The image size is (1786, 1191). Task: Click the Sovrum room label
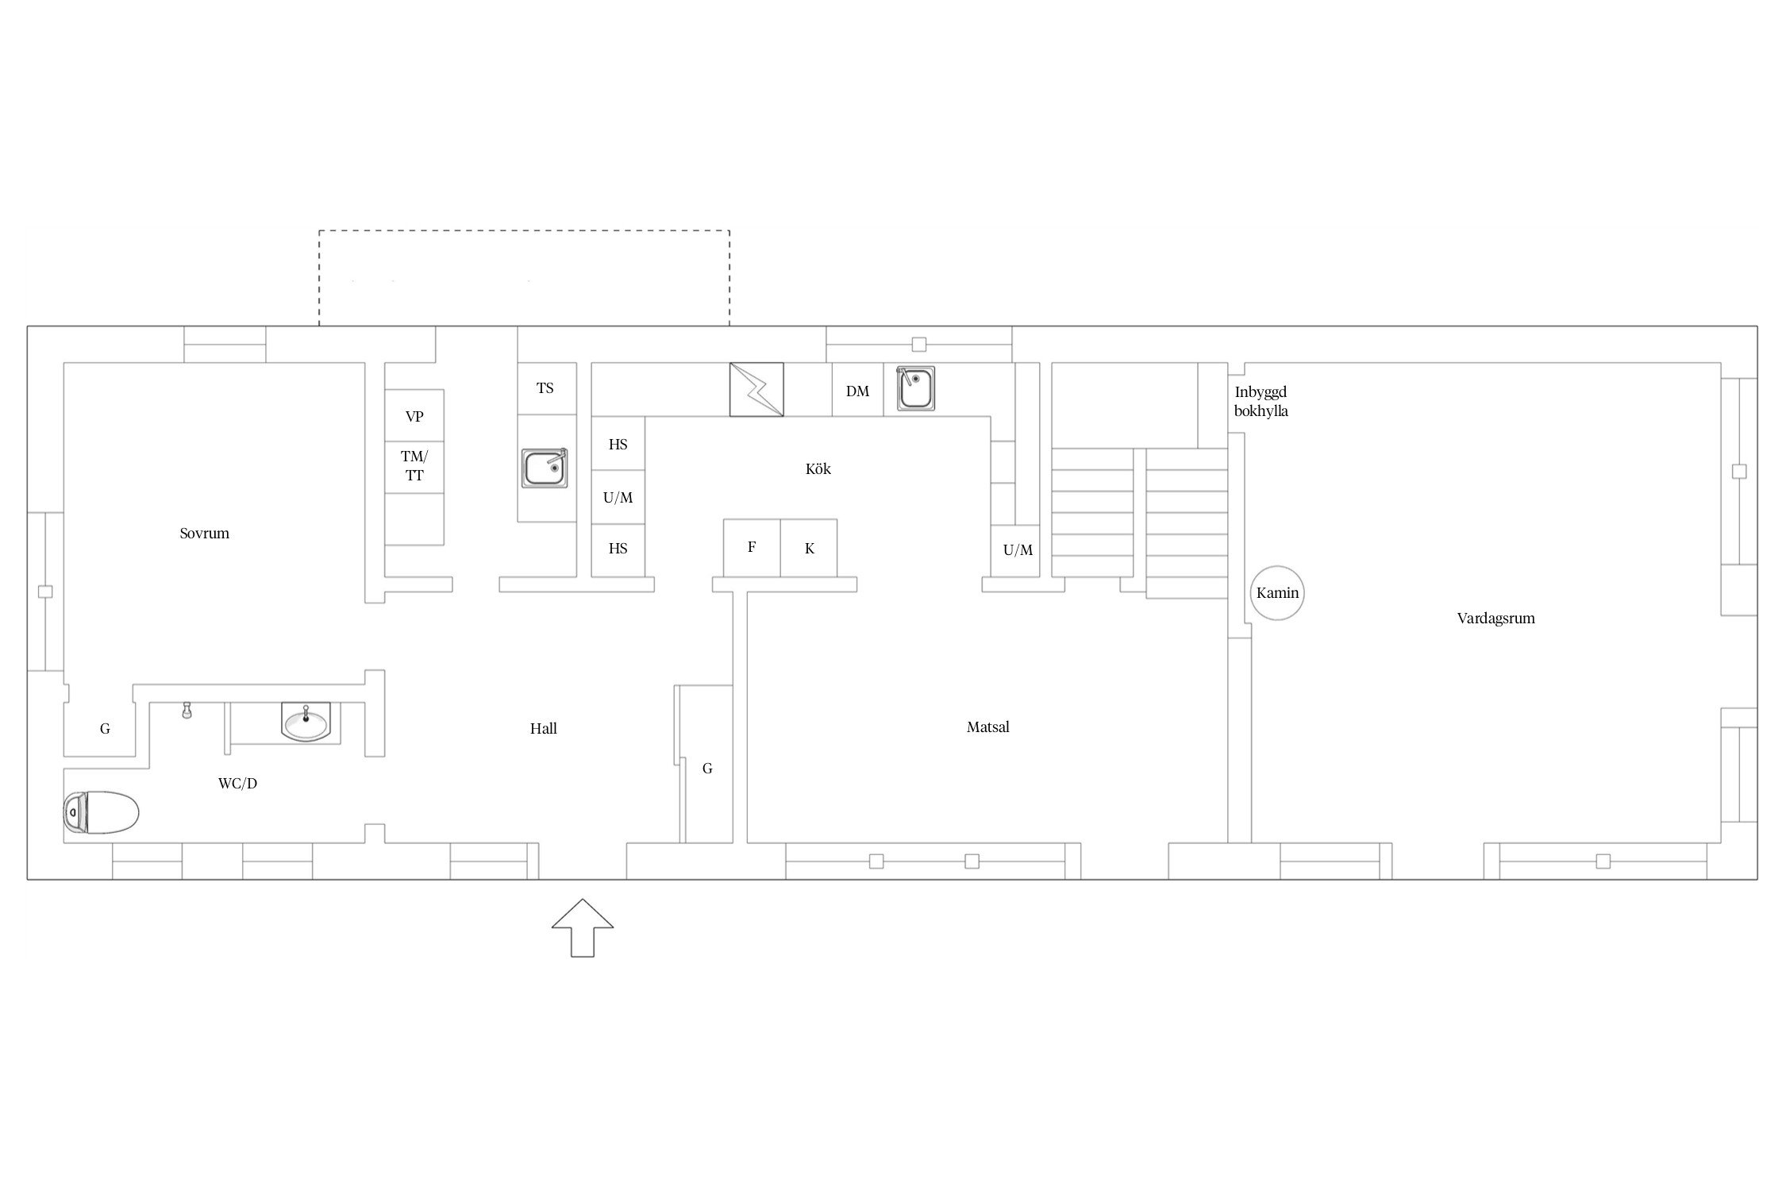pyautogui.click(x=204, y=534)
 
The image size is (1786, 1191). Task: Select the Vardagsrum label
pyautogui.click(x=1495, y=619)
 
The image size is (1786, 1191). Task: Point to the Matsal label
pyautogui.click(x=987, y=727)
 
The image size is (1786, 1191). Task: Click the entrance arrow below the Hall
pyautogui.click(x=583, y=927)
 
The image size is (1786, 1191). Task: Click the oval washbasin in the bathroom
pyautogui.click(x=306, y=722)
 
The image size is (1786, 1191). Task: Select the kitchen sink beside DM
pyautogui.click(x=915, y=388)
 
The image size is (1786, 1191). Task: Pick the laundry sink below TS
pyautogui.click(x=545, y=468)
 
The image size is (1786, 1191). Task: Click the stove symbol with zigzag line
pyautogui.click(x=756, y=389)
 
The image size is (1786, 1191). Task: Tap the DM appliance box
pyautogui.click(x=857, y=390)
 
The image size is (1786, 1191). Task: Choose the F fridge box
pyautogui.click(x=752, y=548)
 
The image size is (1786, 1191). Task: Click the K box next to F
pyautogui.click(x=809, y=548)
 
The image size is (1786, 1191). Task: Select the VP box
pyautogui.click(x=414, y=415)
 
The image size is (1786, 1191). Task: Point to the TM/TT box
pyautogui.click(x=414, y=467)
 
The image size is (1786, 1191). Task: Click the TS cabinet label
pyautogui.click(x=545, y=388)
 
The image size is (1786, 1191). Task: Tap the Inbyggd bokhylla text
pyautogui.click(x=1261, y=402)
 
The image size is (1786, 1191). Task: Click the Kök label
pyautogui.click(x=818, y=469)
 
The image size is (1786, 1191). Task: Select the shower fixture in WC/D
pyautogui.click(x=187, y=710)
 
